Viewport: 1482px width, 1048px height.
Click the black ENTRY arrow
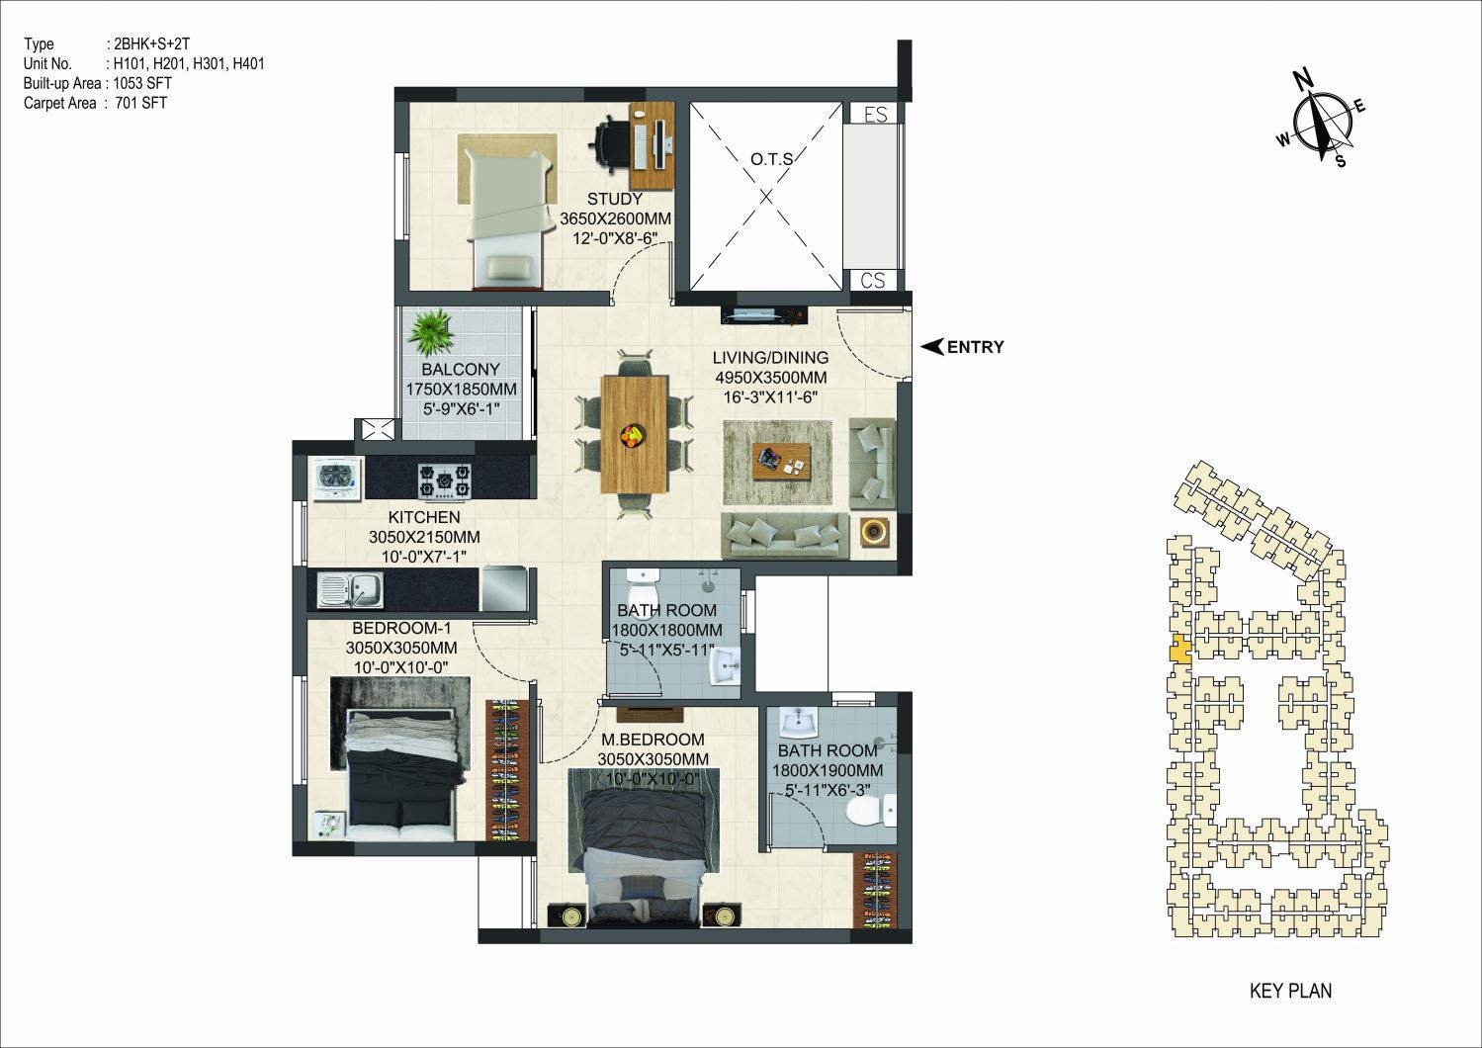click(x=932, y=347)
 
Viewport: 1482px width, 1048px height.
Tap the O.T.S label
click(x=771, y=159)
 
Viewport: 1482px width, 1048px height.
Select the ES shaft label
click(x=875, y=115)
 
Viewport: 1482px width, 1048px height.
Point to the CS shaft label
click(x=873, y=281)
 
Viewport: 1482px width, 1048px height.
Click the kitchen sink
click(x=350, y=590)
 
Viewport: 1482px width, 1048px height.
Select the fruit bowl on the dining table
click(x=633, y=437)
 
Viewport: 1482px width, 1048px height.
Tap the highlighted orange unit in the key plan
click(x=1179, y=649)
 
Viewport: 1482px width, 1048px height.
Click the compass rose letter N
click(x=1303, y=81)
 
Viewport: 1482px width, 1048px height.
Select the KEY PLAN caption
click(x=1290, y=991)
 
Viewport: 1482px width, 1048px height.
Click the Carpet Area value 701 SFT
click(x=141, y=103)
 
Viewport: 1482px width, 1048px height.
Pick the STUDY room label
click(x=615, y=199)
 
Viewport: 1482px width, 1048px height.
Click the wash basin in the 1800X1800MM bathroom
click(x=724, y=665)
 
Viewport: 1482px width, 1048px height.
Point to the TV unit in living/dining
click(x=764, y=315)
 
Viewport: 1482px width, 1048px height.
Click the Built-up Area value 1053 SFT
click(x=142, y=83)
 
